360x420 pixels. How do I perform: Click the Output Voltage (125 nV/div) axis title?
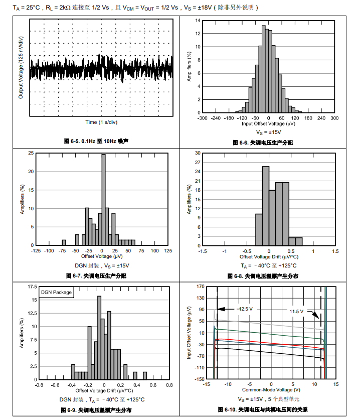pyautogui.click(x=21, y=67)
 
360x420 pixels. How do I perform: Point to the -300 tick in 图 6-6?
pyautogui.click(x=202, y=118)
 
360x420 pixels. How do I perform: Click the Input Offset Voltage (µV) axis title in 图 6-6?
pyautogui.click(x=268, y=123)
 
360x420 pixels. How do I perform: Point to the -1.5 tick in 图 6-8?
pyautogui.click(x=203, y=250)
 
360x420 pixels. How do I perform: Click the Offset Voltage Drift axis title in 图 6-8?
pyautogui.click(x=269, y=256)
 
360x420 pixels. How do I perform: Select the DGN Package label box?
pyautogui.click(x=56, y=292)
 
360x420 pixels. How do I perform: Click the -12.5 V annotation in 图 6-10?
pyautogui.click(x=245, y=309)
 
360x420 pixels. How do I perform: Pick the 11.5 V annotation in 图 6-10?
pyautogui.click(x=296, y=311)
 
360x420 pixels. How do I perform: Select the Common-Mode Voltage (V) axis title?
pyautogui.click(x=271, y=389)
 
